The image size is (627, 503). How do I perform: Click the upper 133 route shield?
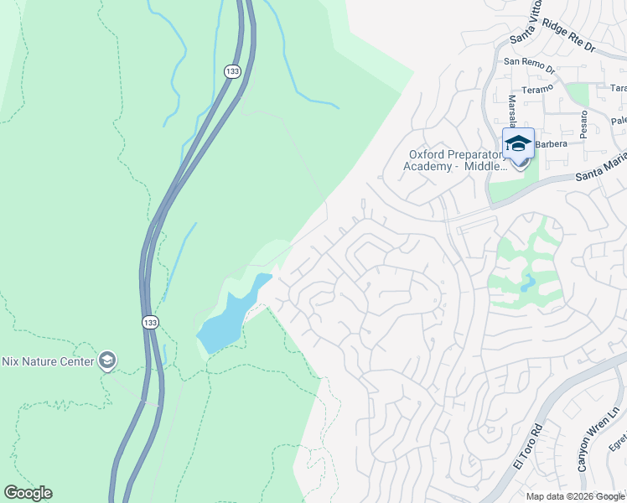pos(232,72)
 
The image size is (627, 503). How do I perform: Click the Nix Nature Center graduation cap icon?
pos(106,360)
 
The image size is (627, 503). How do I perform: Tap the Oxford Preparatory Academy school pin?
pos(518,145)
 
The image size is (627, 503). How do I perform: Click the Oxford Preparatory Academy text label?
pos(458,160)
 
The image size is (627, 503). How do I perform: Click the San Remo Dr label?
pos(530,61)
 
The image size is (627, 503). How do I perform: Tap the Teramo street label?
pos(537,87)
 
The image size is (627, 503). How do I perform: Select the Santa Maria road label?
pos(600,171)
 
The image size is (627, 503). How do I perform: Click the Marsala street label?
pos(512,112)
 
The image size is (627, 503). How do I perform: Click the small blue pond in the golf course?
pos(527,282)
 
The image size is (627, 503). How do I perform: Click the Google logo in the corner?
pos(28,493)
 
